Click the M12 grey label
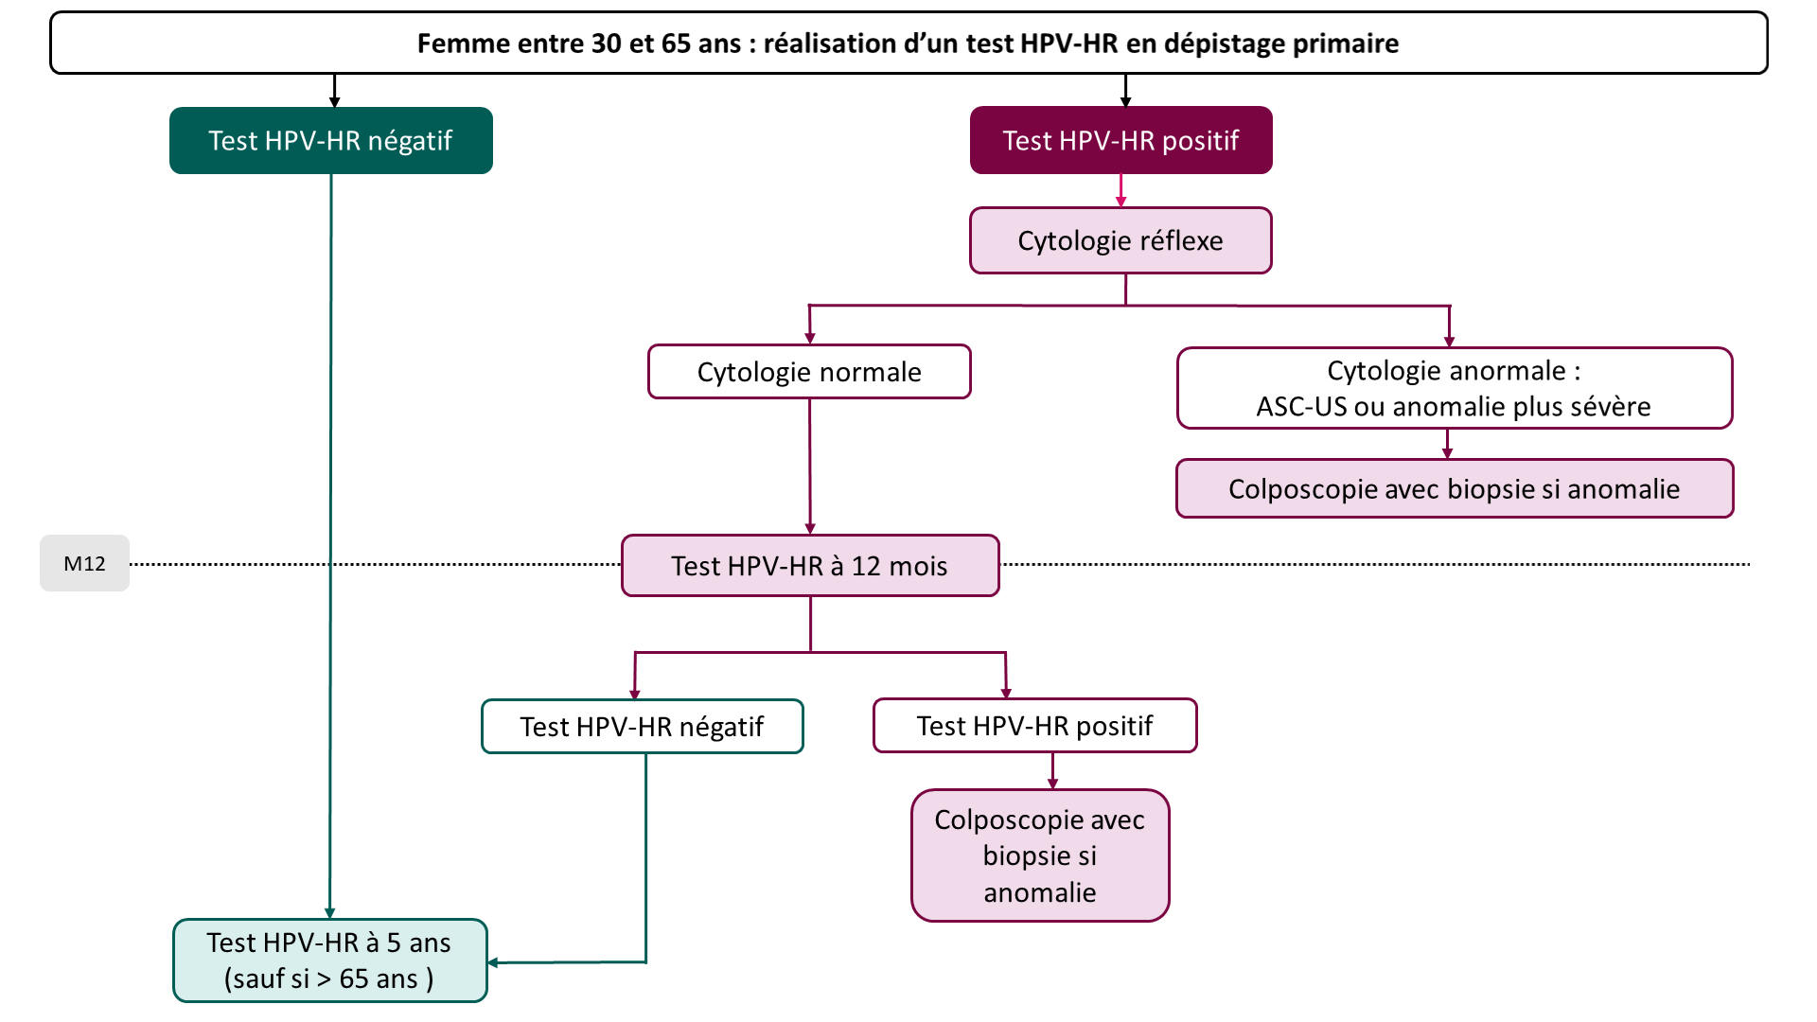click(x=84, y=563)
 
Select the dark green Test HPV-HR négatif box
click(x=330, y=140)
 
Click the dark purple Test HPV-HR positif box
click(x=1120, y=140)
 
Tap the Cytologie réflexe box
click(x=1120, y=240)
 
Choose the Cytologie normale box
click(x=809, y=372)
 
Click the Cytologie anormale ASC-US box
click(x=1454, y=388)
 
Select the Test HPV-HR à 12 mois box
click(x=809, y=566)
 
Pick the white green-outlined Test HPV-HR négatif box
click(x=642, y=727)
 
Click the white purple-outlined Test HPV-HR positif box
click(x=1034, y=726)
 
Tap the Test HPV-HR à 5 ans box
click(x=329, y=960)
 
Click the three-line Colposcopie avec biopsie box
click(x=1040, y=855)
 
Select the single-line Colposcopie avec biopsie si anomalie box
click(x=1454, y=489)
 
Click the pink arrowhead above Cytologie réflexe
click(x=1121, y=202)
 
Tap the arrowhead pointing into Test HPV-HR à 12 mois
click(x=810, y=529)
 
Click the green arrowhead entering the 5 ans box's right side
click(x=493, y=962)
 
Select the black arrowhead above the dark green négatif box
click(x=334, y=102)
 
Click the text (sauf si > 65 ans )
click(x=329, y=978)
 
